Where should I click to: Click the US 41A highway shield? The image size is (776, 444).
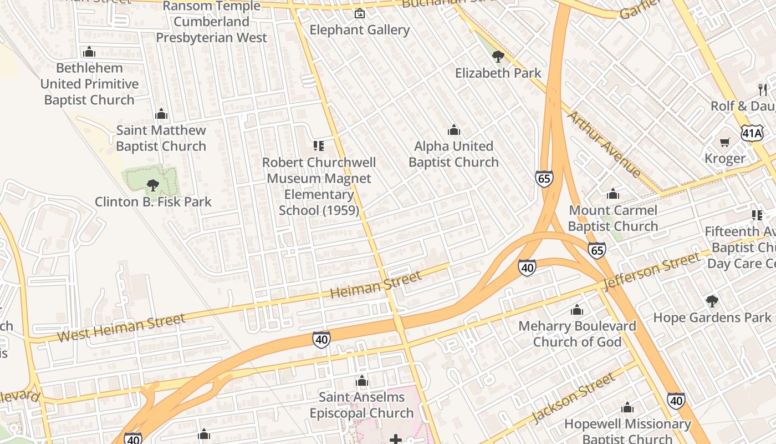click(x=752, y=133)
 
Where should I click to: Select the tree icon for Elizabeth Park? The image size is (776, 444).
click(x=498, y=56)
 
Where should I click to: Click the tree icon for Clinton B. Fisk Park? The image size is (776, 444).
click(x=153, y=185)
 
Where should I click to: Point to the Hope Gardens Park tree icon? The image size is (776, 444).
click(x=712, y=301)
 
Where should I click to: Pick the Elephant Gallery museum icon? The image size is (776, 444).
click(x=360, y=13)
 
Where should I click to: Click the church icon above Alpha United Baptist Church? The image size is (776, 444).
click(x=454, y=130)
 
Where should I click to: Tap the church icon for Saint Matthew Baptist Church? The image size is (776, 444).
click(x=161, y=114)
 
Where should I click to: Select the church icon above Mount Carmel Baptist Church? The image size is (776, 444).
click(x=613, y=194)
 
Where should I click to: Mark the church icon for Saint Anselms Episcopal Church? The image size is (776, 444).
click(x=362, y=381)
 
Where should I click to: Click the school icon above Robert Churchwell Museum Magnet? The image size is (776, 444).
click(x=319, y=146)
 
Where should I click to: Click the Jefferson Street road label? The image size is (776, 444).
click(x=652, y=271)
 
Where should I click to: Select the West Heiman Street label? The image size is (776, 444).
click(x=121, y=328)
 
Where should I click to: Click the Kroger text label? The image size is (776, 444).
click(x=725, y=159)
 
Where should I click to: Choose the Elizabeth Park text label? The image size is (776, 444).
click(x=498, y=73)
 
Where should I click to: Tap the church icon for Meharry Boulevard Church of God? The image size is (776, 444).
click(x=577, y=310)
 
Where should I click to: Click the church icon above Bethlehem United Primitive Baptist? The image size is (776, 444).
click(x=89, y=52)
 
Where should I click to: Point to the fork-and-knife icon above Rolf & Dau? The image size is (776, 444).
click(x=763, y=89)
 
